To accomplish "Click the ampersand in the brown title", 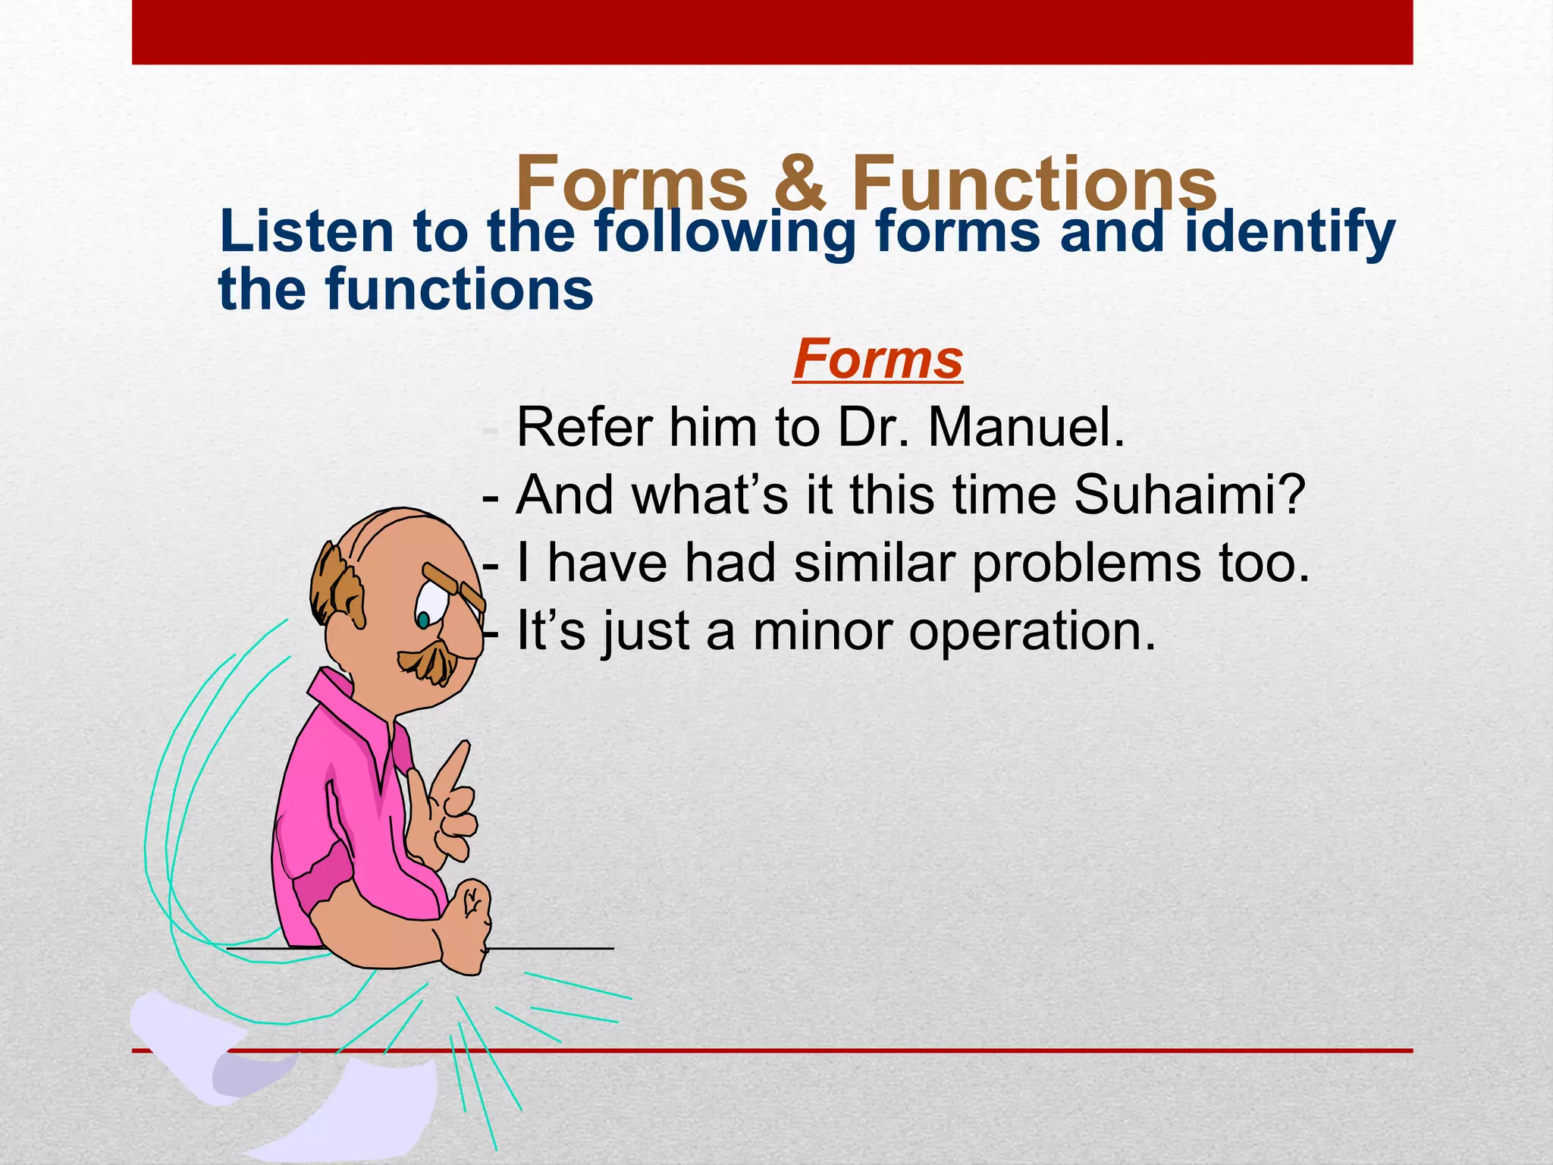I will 799,184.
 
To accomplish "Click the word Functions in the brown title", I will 1034,184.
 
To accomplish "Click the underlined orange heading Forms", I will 877,360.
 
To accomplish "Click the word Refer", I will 584,428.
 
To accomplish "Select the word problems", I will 1086,564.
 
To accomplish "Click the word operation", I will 1032,631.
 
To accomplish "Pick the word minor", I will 822,631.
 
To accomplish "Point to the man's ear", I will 351,599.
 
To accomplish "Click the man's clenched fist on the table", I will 466,922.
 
